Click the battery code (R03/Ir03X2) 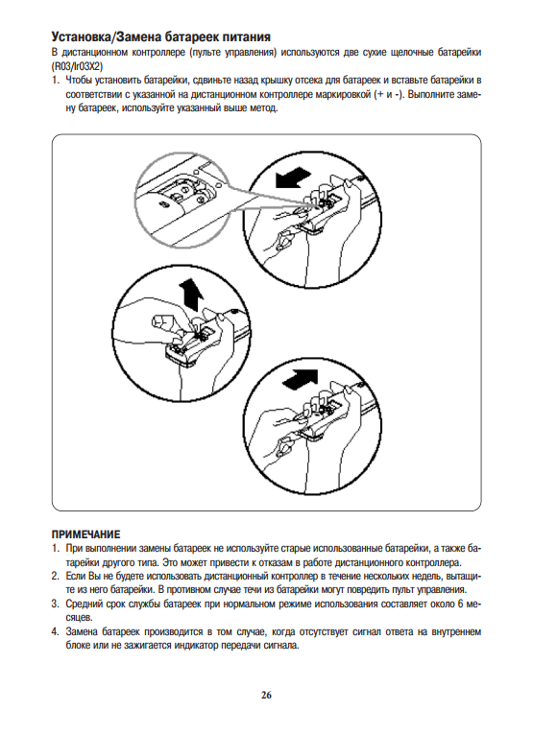click(77, 65)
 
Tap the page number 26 click(267, 695)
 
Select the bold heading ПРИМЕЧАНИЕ click(85, 534)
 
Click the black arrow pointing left click(293, 178)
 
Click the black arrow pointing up click(191, 294)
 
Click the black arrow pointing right click(301, 378)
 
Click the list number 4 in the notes click(55, 632)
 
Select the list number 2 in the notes click(55, 576)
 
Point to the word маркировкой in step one click(344, 94)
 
